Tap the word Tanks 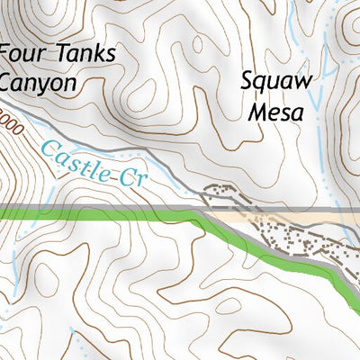click(x=86, y=53)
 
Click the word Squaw click(x=276, y=82)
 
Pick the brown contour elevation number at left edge click(x=9, y=121)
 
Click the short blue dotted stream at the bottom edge click(x=85, y=346)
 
